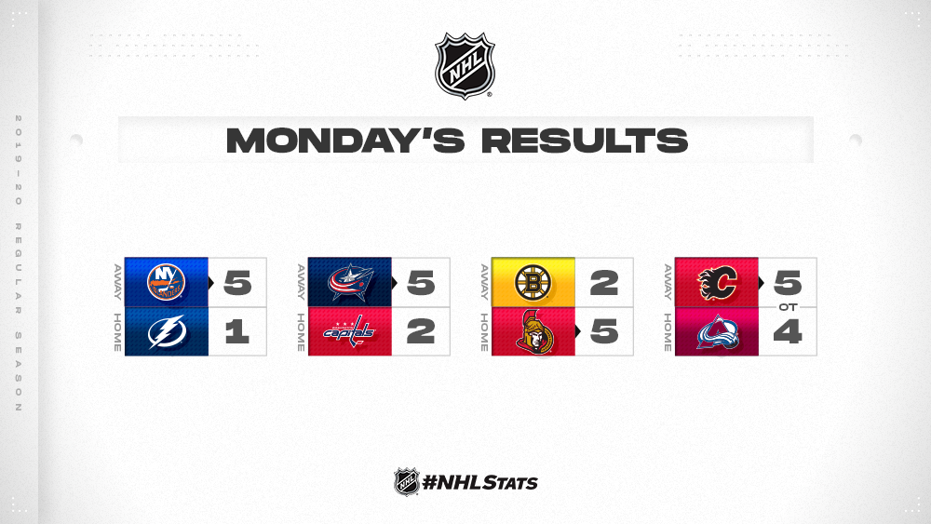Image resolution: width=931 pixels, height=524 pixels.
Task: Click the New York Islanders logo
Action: pos(167,282)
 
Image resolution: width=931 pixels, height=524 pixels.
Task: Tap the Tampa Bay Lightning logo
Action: pos(167,331)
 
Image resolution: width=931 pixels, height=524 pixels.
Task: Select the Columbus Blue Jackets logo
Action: pos(350,282)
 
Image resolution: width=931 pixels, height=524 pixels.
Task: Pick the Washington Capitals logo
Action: pos(349,331)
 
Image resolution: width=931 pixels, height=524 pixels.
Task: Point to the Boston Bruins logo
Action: pos(533,282)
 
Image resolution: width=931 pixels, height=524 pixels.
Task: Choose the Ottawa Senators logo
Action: pos(534,331)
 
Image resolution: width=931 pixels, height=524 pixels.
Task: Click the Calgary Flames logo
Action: pos(717,282)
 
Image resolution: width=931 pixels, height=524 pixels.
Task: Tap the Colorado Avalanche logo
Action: pos(717,332)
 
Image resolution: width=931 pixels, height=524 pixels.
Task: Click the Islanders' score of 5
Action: pos(237,282)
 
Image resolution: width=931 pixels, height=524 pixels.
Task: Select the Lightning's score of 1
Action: pos(237,331)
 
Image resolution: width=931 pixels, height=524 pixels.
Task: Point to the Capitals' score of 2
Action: pos(421,331)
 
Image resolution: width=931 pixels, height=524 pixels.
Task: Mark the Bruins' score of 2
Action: pos(604,282)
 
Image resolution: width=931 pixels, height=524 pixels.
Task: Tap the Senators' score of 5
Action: pos(604,331)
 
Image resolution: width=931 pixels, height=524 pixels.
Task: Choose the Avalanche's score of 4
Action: pos(788,331)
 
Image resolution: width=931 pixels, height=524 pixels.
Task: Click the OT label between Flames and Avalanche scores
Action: pos(788,307)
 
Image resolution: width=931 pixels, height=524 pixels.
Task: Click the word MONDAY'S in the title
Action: pos(345,140)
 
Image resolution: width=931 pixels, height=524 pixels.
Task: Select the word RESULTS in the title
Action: pos(585,141)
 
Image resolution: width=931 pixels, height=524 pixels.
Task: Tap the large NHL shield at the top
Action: pos(465,65)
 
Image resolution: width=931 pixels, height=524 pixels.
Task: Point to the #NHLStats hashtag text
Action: pos(479,482)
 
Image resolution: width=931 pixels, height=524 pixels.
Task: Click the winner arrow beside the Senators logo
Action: pos(578,331)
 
